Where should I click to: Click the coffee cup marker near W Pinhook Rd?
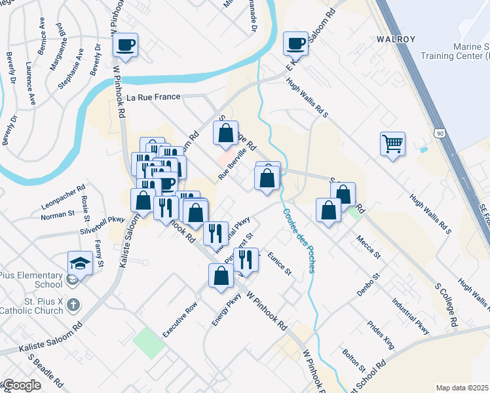pos(125,45)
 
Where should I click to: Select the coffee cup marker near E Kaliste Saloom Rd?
pos(295,43)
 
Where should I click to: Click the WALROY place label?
pos(396,39)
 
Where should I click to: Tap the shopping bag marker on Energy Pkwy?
pos(221,276)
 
